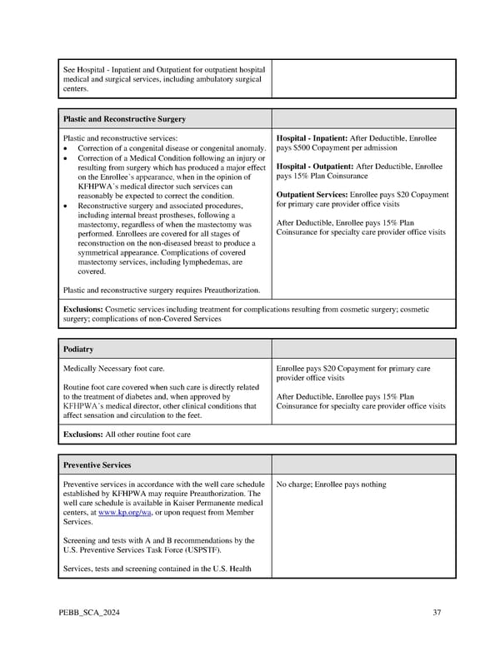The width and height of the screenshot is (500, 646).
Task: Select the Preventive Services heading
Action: pos(97,465)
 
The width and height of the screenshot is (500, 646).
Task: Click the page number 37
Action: pos(437,614)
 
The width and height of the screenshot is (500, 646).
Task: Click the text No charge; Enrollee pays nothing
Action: pos(331,484)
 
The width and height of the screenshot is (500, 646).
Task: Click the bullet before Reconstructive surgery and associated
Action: pos(66,206)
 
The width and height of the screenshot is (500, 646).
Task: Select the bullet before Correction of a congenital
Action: pos(66,148)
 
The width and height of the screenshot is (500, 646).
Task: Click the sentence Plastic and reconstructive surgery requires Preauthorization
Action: pos(162,290)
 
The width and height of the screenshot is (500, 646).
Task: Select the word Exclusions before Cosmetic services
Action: pos(83,310)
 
